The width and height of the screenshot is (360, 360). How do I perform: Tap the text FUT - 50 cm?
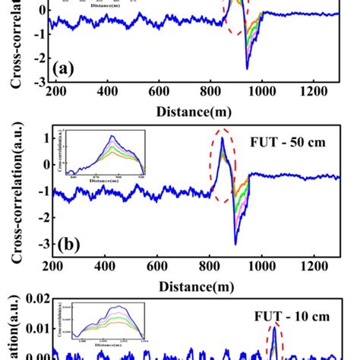click(x=295, y=141)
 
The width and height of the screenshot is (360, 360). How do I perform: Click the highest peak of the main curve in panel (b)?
click(x=223, y=137)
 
